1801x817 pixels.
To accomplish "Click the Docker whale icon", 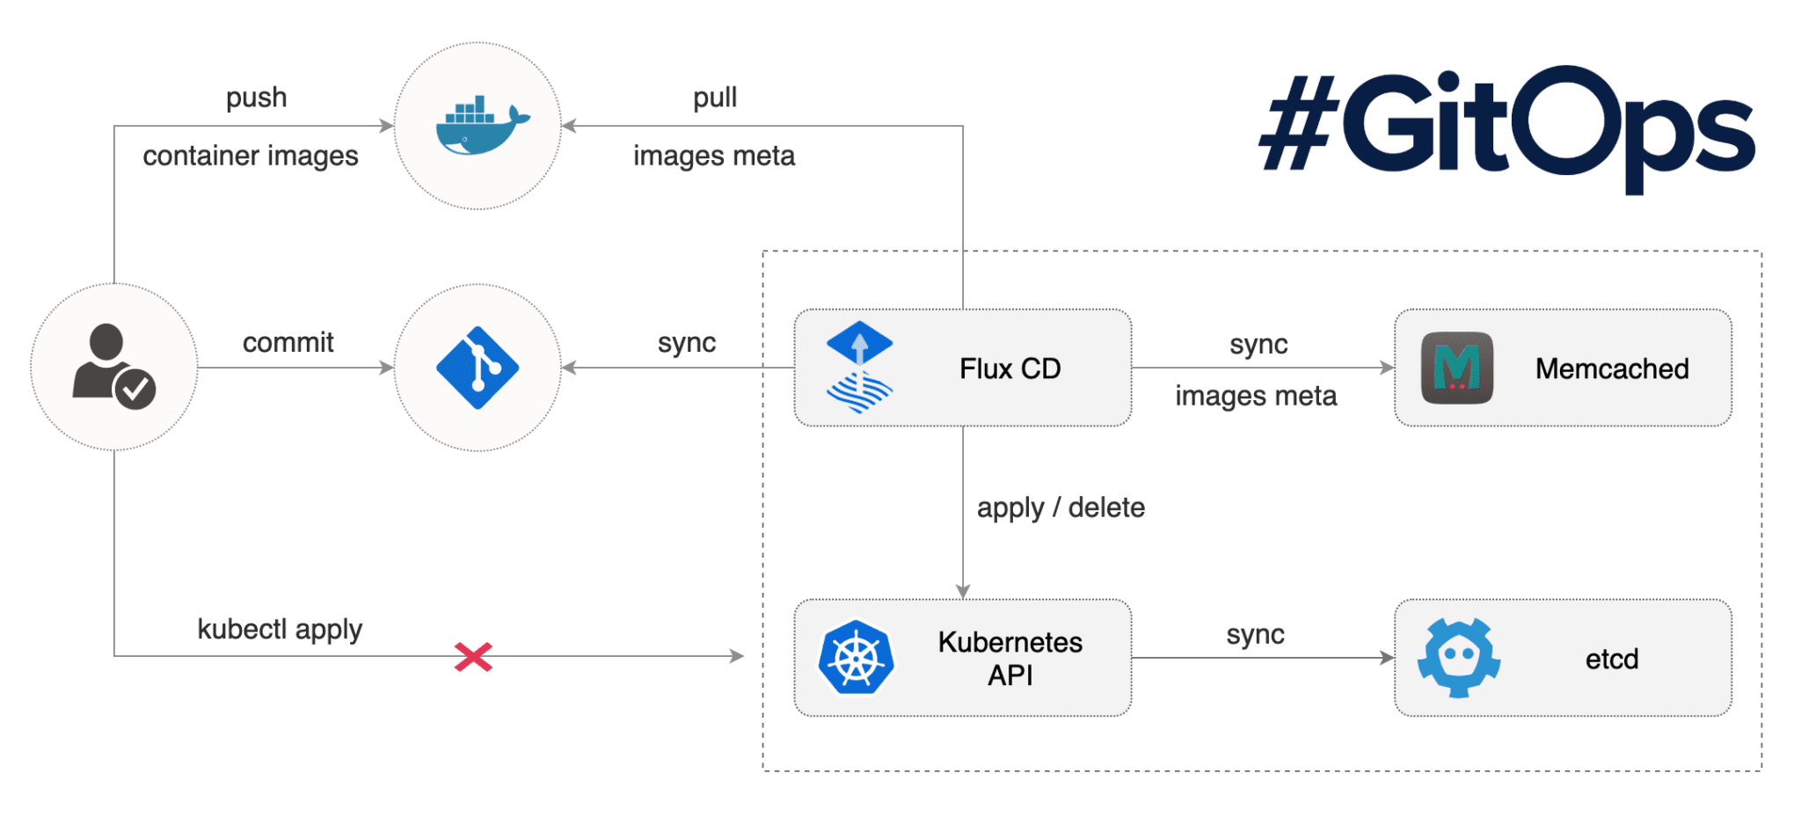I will [481, 126].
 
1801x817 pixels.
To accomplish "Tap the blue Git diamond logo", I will [478, 368].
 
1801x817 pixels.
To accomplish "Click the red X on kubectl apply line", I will [473, 656].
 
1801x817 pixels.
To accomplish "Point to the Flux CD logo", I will [859, 368].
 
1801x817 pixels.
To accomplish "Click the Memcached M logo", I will [1456, 368].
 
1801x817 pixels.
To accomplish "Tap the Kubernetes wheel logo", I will [856, 658].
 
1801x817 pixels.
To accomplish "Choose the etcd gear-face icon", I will [1459, 658].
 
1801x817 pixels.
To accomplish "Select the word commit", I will [288, 342].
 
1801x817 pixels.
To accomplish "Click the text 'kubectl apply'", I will [280, 630].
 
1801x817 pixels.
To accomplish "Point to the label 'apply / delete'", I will [1061, 507].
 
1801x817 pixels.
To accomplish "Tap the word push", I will [256, 98].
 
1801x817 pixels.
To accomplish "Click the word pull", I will [715, 98].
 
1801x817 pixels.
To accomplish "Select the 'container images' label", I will [251, 156].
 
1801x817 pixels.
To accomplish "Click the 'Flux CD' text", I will [1010, 368].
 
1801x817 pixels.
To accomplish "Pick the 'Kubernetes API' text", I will [1010, 658].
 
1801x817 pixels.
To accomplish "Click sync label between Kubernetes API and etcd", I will [1255, 634].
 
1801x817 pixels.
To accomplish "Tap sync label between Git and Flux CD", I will [687, 342].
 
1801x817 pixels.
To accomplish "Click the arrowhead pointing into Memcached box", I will [1388, 368].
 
